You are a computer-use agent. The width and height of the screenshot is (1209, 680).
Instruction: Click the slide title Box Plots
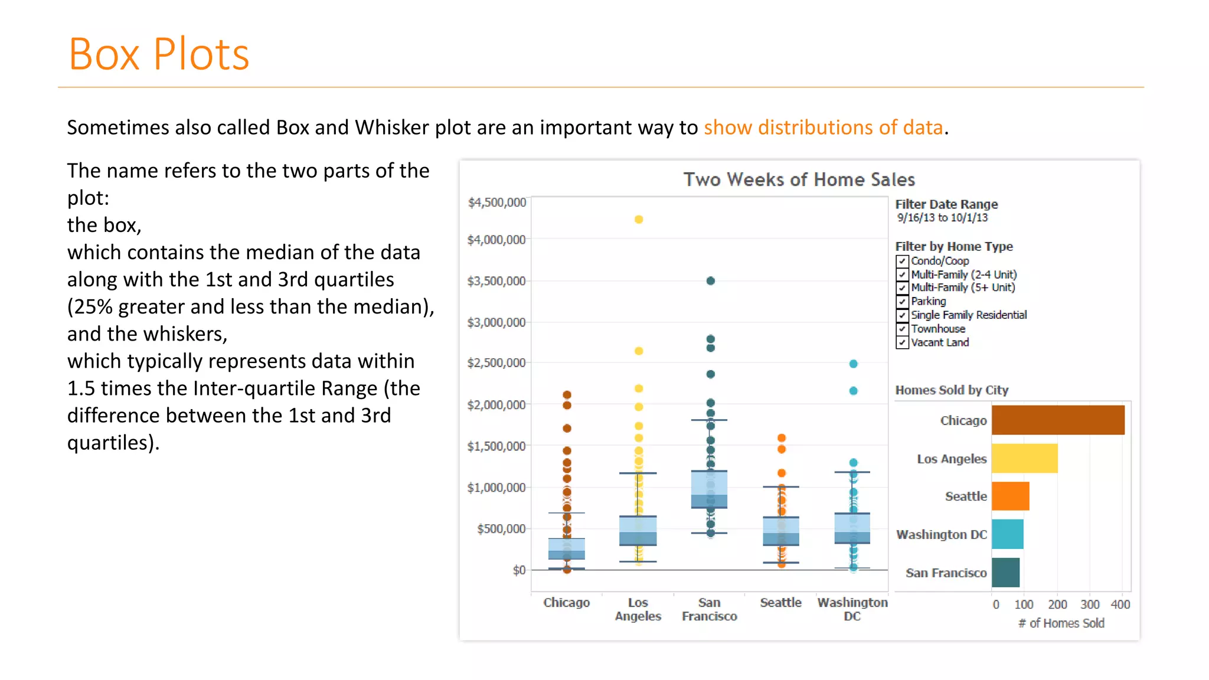coord(159,54)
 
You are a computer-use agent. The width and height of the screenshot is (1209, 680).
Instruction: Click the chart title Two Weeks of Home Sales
coord(799,179)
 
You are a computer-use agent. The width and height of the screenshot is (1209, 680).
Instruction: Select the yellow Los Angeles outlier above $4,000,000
coord(639,220)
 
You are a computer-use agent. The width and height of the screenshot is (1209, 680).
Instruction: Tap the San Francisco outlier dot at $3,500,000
coord(711,281)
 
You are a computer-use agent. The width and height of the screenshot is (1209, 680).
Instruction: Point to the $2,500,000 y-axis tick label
coord(496,363)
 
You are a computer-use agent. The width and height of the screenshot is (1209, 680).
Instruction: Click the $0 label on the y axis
coord(519,570)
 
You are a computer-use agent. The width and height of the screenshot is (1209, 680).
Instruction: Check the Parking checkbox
coord(902,302)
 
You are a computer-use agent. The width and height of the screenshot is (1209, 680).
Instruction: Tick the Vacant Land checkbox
coord(902,343)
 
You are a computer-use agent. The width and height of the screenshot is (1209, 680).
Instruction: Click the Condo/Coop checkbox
coord(902,261)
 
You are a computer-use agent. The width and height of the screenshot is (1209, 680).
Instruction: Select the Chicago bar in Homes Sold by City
coord(1058,420)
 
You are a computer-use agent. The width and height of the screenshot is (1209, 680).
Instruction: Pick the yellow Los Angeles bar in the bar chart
coord(1024,458)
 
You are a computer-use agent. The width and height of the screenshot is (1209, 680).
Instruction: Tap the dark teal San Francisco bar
coord(1005,572)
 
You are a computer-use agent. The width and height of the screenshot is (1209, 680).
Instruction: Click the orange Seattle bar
coord(1010,496)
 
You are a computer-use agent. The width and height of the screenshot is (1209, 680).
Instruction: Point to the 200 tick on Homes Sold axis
coord(1057,604)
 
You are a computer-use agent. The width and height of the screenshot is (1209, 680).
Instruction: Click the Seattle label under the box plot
coord(780,603)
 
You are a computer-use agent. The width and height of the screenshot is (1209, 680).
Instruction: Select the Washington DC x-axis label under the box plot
coord(852,609)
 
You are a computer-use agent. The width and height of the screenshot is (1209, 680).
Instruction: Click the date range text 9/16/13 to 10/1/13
coord(942,218)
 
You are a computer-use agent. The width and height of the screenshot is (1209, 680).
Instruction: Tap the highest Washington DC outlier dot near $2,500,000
coord(854,364)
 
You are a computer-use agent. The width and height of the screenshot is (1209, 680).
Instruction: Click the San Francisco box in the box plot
coord(709,489)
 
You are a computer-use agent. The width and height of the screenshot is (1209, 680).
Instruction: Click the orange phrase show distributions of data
coord(823,127)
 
